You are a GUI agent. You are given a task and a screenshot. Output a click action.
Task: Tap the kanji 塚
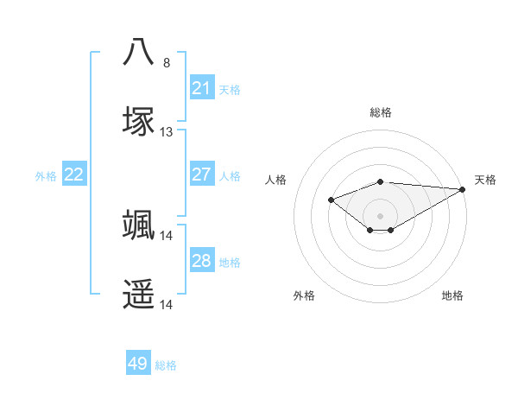click(x=139, y=121)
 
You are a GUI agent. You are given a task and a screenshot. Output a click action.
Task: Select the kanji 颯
click(x=139, y=225)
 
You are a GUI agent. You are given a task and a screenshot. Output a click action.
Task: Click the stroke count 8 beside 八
click(x=167, y=63)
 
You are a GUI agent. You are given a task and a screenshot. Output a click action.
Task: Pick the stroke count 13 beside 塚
click(x=167, y=132)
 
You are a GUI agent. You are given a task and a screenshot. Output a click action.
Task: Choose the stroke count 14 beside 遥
click(x=167, y=305)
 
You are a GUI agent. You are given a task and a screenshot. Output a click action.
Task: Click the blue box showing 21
click(x=201, y=87)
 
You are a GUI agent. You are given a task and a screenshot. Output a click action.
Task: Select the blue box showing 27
click(x=201, y=174)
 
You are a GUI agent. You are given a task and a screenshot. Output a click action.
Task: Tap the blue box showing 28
click(x=201, y=260)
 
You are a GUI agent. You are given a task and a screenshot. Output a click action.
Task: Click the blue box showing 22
click(x=74, y=174)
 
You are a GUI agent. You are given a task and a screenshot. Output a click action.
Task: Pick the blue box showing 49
click(x=138, y=364)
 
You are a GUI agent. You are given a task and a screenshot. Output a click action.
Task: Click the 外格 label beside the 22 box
click(x=46, y=175)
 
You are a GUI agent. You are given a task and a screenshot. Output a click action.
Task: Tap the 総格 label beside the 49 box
click(x=166, y=365)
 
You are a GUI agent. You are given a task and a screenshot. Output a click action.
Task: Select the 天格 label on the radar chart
click(x=485, y=180)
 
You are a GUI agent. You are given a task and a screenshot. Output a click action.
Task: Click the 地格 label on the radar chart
click(x=452, y=295)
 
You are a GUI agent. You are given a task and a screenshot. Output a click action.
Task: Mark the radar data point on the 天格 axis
click(x=463, y=189)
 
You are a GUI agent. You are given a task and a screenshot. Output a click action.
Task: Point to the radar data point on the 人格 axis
click(x=331, y=200)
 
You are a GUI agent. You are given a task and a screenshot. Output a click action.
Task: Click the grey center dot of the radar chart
click(x=380, y=215)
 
